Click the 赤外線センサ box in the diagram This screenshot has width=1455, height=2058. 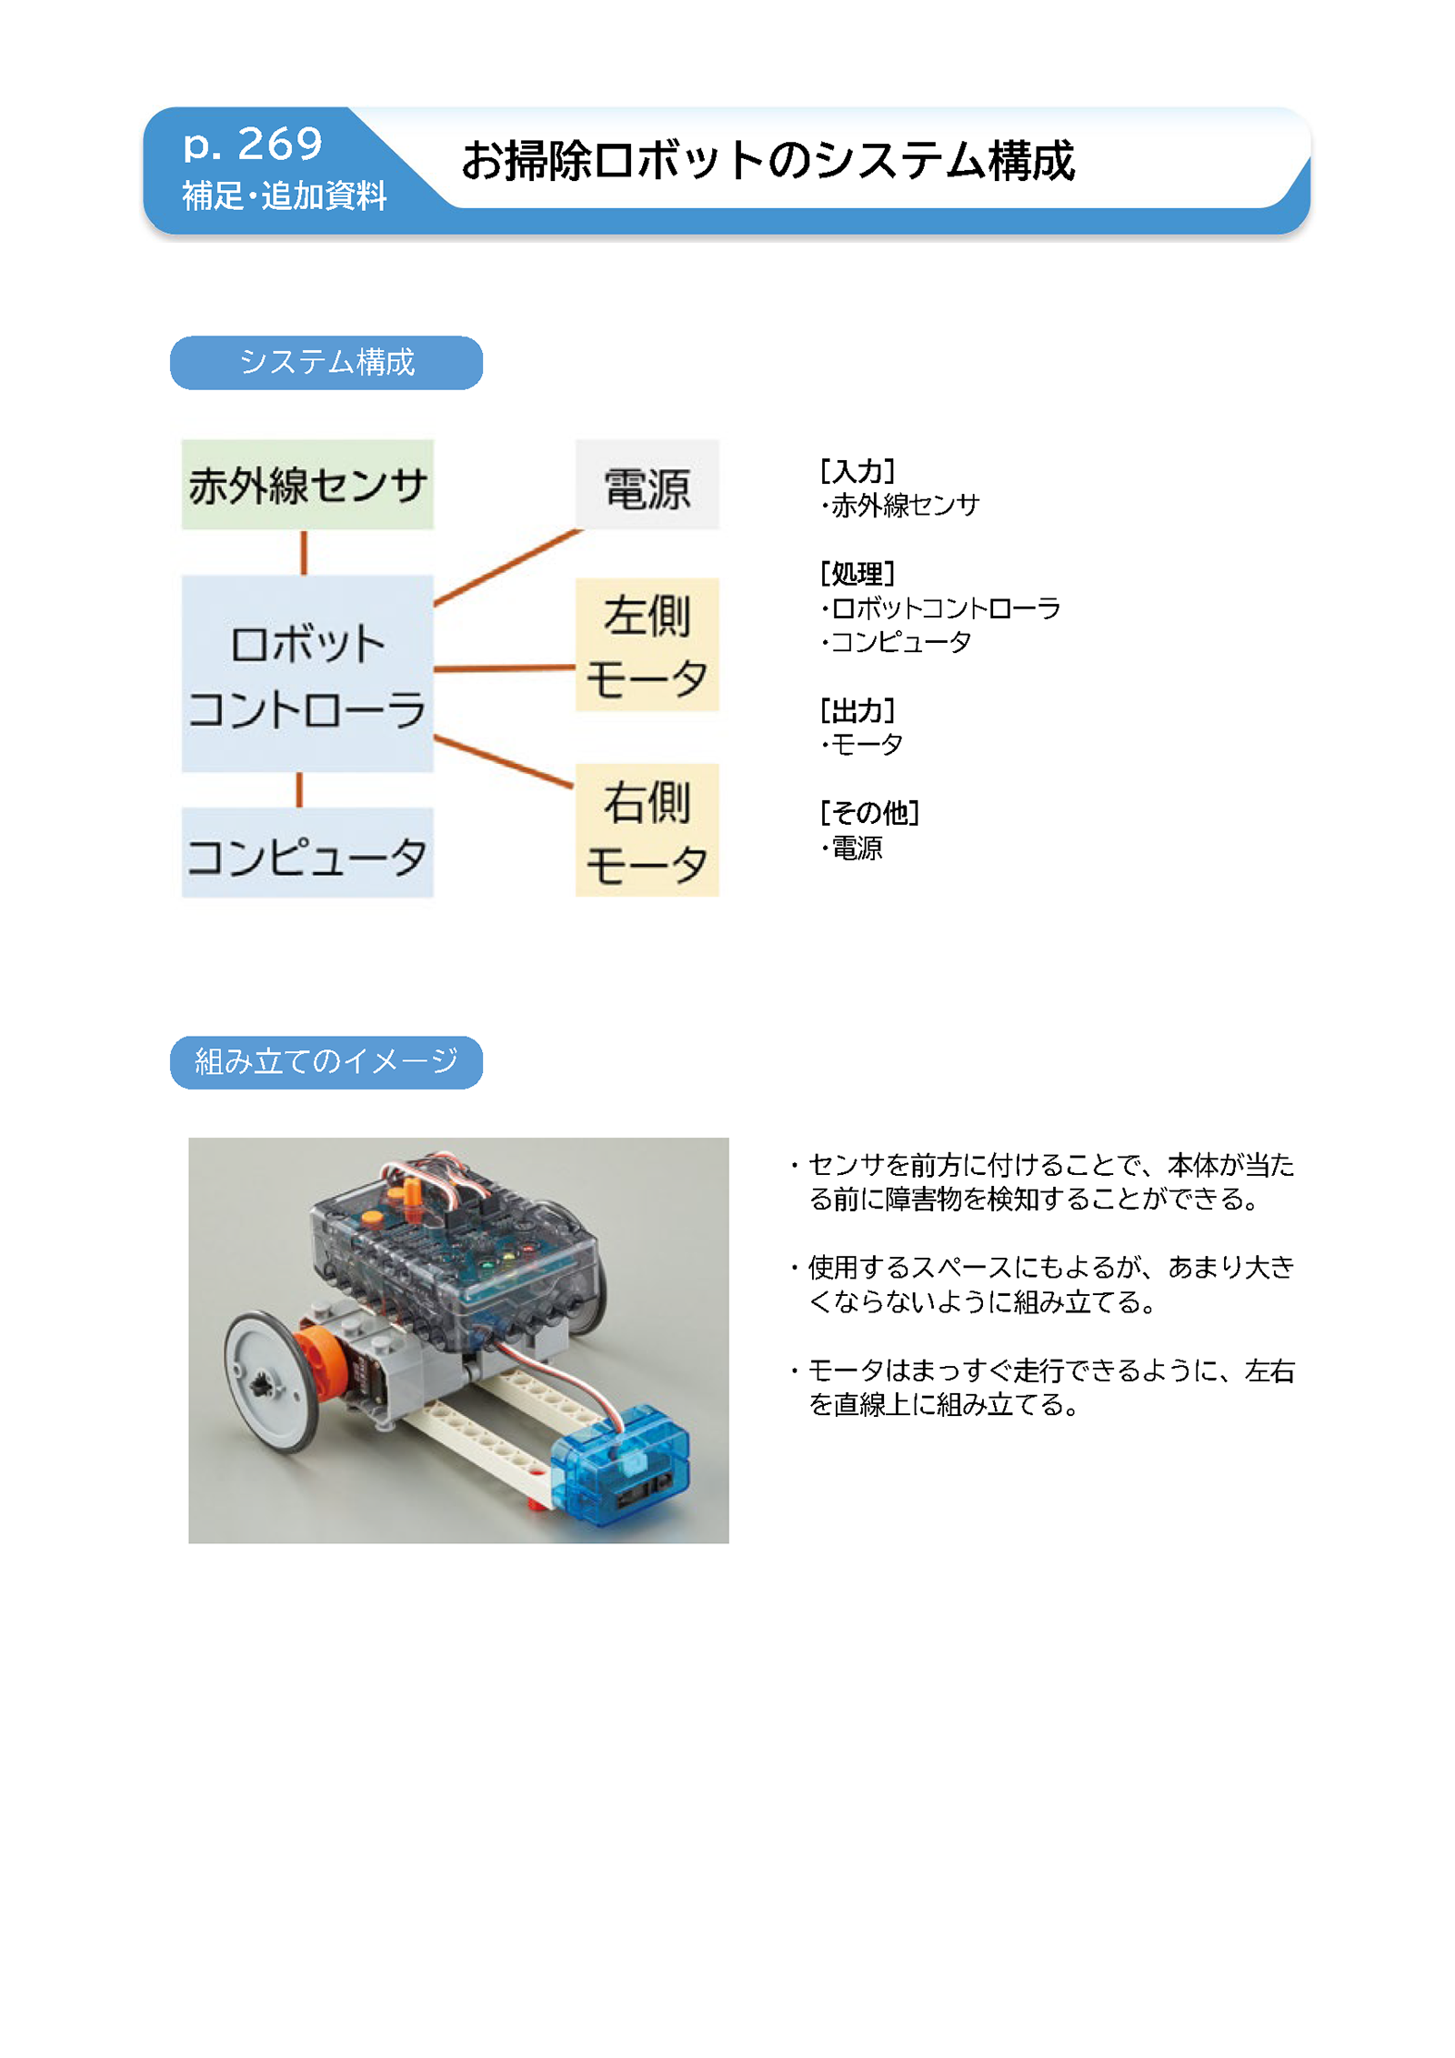[x=307, y=485]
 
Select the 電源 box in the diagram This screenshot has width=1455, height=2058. [x=647, y=485]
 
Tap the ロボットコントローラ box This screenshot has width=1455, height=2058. [x=307, y=674]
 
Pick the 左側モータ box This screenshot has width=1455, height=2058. [x=647, y=645]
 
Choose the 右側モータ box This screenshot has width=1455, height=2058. [x=647, y=830]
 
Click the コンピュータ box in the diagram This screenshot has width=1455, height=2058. [x=307, y=853]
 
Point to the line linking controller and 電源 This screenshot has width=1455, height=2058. [x=507, y=567]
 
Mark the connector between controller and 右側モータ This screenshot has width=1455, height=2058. [x=504, y=761]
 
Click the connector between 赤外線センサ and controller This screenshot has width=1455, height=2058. [x=304, y=553]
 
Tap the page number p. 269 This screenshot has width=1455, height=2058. [x=253, y=144]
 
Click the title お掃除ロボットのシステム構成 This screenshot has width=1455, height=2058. [x=768, y=161]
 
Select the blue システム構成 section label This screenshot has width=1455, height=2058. [x=326, y=363]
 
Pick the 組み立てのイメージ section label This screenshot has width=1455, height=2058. [x=326, y=1062]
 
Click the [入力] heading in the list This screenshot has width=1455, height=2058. [x=858, y=471]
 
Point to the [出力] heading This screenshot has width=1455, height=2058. [x=858, y=710]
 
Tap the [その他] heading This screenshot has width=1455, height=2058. [x=869, y=812]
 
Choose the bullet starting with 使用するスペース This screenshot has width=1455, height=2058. [x=1042, y=1284]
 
